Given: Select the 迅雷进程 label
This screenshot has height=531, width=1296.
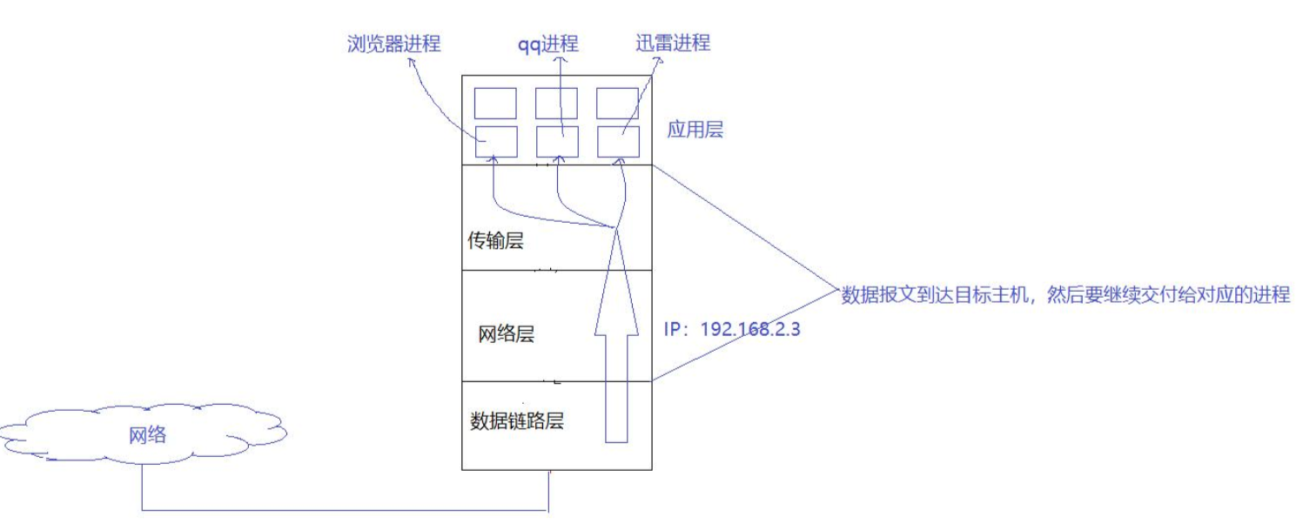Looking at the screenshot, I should point(673,43).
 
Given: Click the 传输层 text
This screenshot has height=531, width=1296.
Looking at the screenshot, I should point(496,241).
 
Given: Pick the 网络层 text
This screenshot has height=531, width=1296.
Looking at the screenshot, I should point(506,334).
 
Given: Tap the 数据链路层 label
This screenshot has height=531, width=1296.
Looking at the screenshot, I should point(517,421).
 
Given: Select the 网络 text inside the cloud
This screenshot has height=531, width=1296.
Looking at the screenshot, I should point(147,434).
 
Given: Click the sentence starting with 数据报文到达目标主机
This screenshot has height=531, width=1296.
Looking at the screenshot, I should point(1064,294).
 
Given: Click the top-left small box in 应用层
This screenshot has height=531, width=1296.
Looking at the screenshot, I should point(495,103).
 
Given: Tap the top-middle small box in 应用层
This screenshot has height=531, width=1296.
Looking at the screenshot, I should point(556,103).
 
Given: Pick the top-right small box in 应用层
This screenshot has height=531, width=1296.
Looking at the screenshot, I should point(618,103).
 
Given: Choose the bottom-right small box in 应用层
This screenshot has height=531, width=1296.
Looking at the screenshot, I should point(619,141).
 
